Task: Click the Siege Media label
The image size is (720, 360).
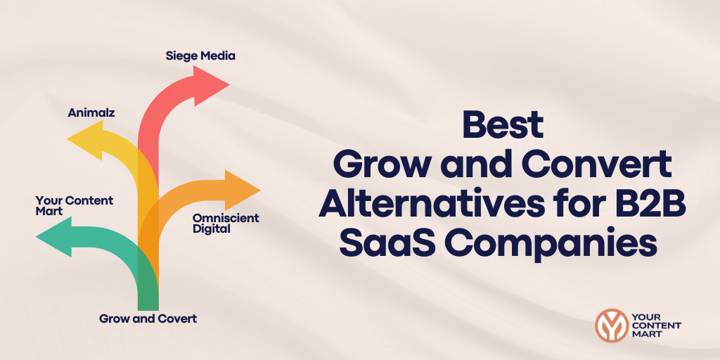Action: (200, 55)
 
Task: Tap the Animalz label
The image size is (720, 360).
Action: (91, 112)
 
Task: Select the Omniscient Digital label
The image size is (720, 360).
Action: (226, 223)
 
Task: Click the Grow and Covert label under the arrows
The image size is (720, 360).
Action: (148, 319)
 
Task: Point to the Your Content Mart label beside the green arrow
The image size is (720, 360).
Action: (75, 205)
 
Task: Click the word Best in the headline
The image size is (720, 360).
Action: (502, 126)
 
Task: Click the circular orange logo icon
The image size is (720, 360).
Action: (611, 324)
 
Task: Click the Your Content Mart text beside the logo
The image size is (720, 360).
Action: (657, 325)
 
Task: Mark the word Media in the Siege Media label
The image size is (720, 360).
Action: (218, 55)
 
